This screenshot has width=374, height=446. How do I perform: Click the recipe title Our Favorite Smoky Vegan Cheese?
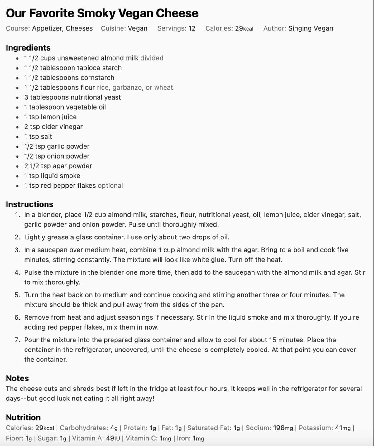[x=102, y=13]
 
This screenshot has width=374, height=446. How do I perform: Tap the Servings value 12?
[x=192, y=28]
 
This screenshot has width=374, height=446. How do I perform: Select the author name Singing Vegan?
[x=310, y=28]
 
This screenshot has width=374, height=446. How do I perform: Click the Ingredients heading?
[x=28, y=48]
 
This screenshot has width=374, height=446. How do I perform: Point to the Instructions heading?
[x=29, y=204]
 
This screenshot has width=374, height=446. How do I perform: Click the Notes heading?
[x=17, y=378]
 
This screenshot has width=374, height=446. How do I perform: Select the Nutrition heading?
[x=23, y=418]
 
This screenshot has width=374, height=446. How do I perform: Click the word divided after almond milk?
[x=152, y=58]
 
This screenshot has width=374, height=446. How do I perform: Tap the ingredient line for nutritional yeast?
[x=72, y=97]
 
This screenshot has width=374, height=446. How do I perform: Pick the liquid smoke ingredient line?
[x=52, y=176]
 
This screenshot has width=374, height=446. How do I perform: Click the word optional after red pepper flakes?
[x=110, y=186]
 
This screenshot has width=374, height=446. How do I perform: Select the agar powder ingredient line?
[x=58, y=166]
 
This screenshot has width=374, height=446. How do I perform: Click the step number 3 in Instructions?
[x=17, y=250]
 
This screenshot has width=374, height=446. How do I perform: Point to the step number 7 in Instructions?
[x=17, y=340]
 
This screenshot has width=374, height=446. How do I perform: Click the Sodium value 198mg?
[x=283, y=428]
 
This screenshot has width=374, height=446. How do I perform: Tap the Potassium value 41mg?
[x=343, y=428]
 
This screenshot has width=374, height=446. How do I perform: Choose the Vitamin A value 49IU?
[x=113, y=439]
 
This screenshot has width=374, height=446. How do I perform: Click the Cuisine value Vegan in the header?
[x=137, y=28]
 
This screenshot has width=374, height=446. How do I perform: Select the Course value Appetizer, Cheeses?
[x=62, y=28]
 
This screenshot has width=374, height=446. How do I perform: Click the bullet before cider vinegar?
[x=17, y=127]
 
